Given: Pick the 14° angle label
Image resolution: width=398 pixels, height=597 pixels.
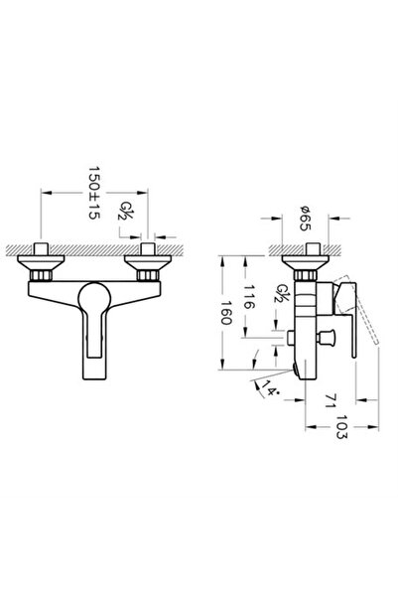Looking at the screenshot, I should [x=264, y=388].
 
